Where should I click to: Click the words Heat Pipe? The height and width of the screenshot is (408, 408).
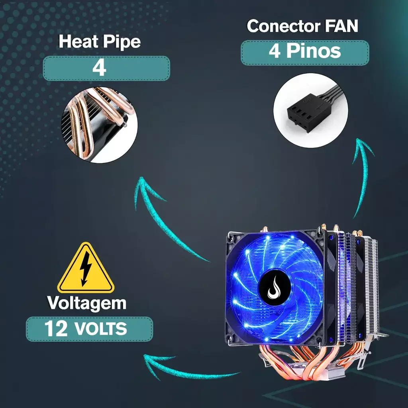click(x=99, y=42)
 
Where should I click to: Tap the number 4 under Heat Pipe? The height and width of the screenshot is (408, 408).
click(x=99, y=68)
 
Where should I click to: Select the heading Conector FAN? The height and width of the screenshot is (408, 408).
click(x=302, y=26)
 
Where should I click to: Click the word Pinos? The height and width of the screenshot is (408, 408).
click(x=314, y=52)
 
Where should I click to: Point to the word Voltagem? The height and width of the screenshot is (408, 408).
click(x=87, y=303)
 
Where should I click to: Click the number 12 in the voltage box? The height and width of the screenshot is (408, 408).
click(x=56, y=329)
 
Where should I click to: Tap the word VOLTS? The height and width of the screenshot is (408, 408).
click(x=100, y=330)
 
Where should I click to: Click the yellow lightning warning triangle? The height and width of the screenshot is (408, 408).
click(x=86, y=269)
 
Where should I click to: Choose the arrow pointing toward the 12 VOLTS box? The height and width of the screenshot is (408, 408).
click(x=187, y=369)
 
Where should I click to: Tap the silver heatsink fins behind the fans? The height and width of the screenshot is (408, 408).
click(x=371, y=287)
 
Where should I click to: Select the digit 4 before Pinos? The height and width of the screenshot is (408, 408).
click(x=275, y=52)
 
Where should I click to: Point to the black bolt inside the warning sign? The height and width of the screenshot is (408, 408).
click(x=85, y=271)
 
